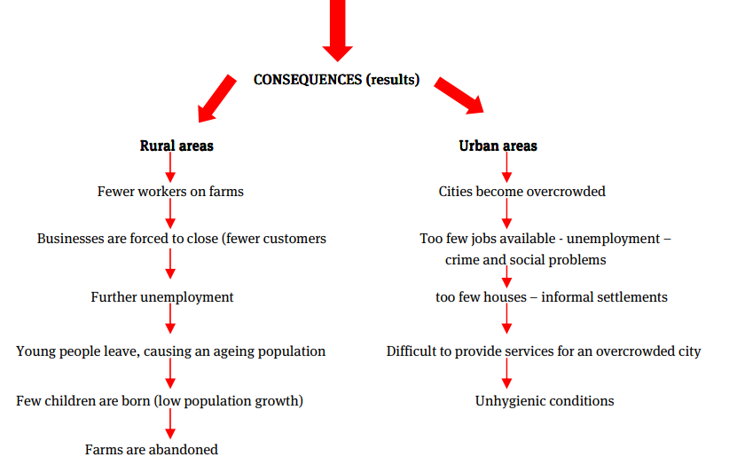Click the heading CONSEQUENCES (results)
click(336, 79)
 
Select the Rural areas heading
click(176, 146)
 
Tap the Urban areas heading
click(498, 146)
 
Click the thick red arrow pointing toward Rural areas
click(216, 98)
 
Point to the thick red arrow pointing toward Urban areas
click(459, 95)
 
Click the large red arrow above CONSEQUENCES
click(337, 30)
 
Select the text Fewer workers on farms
click(170, 191)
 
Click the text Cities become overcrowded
click(521, 191)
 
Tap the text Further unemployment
click(162, 297)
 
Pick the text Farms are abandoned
click(152, 449)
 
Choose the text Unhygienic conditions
click(545, 401)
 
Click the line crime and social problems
click(525, 260)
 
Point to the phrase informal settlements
click(604, 297)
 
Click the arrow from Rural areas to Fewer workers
click(170, 168)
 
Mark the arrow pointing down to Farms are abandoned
click(170, 423)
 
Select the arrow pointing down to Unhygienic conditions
click(507, 374)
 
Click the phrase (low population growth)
click(229, 401)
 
